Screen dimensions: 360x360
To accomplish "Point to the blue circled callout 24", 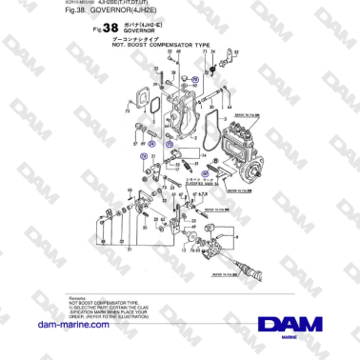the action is [193, 80].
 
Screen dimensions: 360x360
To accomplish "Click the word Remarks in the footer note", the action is [79, 298].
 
